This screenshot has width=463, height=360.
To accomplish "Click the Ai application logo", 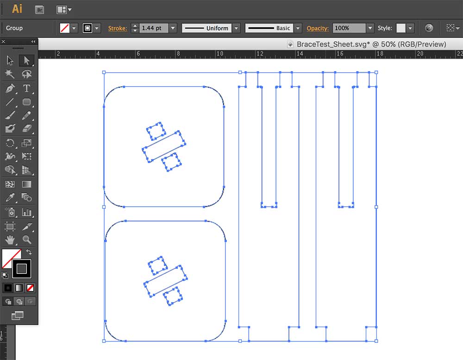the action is pyautogui.click(x=17, y=9).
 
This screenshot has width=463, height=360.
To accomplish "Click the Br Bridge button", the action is pyautogui.click(x=39, y=10).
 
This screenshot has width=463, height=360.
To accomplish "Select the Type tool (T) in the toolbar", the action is pyautogui.click(x=26, y=88).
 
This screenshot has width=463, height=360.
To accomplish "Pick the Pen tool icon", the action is pyautogui.click(x=10, y=88).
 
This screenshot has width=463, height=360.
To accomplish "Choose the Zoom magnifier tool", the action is pyautogui.click(x=27, y=240).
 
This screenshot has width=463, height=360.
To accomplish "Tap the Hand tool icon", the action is pyautogui.click(x=10, y=240).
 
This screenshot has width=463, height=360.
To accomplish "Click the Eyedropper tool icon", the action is pyautogui.click(x=10, y=197).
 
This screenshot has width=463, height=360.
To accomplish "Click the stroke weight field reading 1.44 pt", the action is pyautogui.click(x=154, y=28).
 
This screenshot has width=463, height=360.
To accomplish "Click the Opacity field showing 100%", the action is pyautogui.click(x=349, y=28).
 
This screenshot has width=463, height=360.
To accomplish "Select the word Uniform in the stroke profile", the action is pyautogui.click(x=217, y=28).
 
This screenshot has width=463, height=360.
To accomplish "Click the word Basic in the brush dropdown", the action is pyautogui.click(x=283, y=28).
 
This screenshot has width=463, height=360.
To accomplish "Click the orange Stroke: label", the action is pyautogui.click(x=118, y=28).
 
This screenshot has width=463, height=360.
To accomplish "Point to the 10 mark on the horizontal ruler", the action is pyautogui.click(x=219, y=53).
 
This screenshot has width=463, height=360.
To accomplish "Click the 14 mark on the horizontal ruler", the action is pyautogui.click(x=300, y=53).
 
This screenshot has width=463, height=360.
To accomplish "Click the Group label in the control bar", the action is pyautogui.click(x=14, y=28).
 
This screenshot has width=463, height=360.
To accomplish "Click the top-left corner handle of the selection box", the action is pyautogui.click(x=104, y=72).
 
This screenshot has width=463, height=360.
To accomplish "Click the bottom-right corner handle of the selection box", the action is pyautogui.click(x=376, y=341).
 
